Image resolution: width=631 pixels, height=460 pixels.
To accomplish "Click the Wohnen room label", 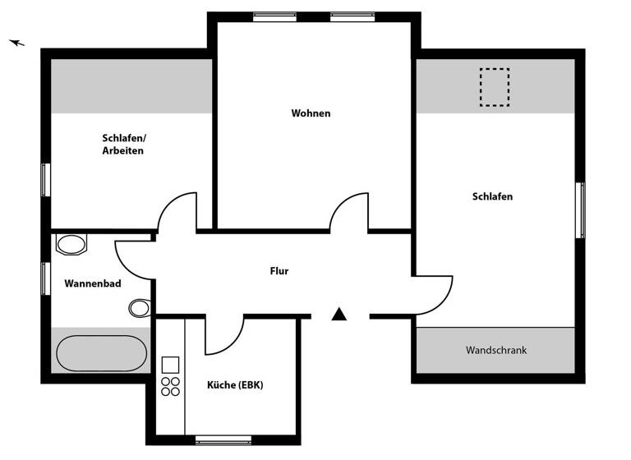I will [x=311, y=113].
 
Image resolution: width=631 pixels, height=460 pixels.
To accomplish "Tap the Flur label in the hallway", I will [x=279, y=271].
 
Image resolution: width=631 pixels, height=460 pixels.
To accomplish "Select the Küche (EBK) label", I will [x=235, y=385].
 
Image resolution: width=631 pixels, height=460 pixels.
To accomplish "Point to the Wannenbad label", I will [x=93, y=284].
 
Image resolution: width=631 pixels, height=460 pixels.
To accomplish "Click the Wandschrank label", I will [x=496, y=350].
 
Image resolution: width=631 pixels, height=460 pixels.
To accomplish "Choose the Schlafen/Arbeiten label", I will [x=124, y=145].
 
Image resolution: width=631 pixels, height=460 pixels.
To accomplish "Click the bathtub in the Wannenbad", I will [x=101, y=353].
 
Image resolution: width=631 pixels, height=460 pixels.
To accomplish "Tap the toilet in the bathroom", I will [x=140, y=308].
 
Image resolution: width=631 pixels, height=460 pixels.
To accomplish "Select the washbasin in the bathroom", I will [x=71, y=244].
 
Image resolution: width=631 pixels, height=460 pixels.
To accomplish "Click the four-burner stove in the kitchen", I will [x=171, y=386].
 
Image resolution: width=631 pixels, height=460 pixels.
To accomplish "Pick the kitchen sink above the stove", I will [x=171, y=365].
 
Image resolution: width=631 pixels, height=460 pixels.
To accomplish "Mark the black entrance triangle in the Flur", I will [x=339, y=314].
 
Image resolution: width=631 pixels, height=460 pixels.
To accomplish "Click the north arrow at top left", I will [x=17, y=43].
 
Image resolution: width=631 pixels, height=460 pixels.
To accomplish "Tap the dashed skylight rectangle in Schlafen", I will [x=494, y=88].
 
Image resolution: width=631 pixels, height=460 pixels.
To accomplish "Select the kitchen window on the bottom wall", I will [x=223, y=439].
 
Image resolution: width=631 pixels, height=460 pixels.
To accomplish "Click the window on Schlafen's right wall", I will [x=580, y=210].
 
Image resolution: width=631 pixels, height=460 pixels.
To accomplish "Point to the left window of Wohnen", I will [x=274, y=16].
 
